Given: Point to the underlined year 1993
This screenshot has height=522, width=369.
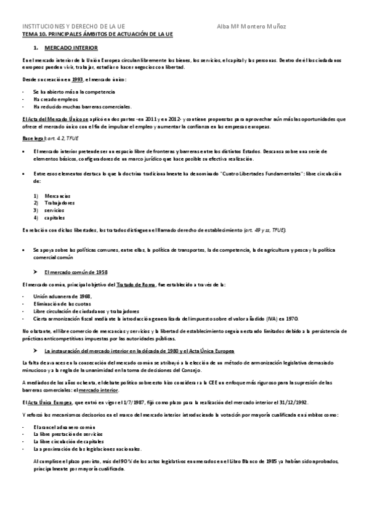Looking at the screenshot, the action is coord(77,79).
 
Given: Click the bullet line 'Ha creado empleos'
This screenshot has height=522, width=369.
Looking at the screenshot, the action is coord(56,98).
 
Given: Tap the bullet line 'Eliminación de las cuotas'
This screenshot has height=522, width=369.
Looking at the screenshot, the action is coord(62,303).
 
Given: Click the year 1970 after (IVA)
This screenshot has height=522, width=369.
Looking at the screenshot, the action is coord(291,319).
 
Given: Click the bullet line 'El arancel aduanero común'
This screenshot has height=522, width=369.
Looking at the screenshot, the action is coord(65,426).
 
